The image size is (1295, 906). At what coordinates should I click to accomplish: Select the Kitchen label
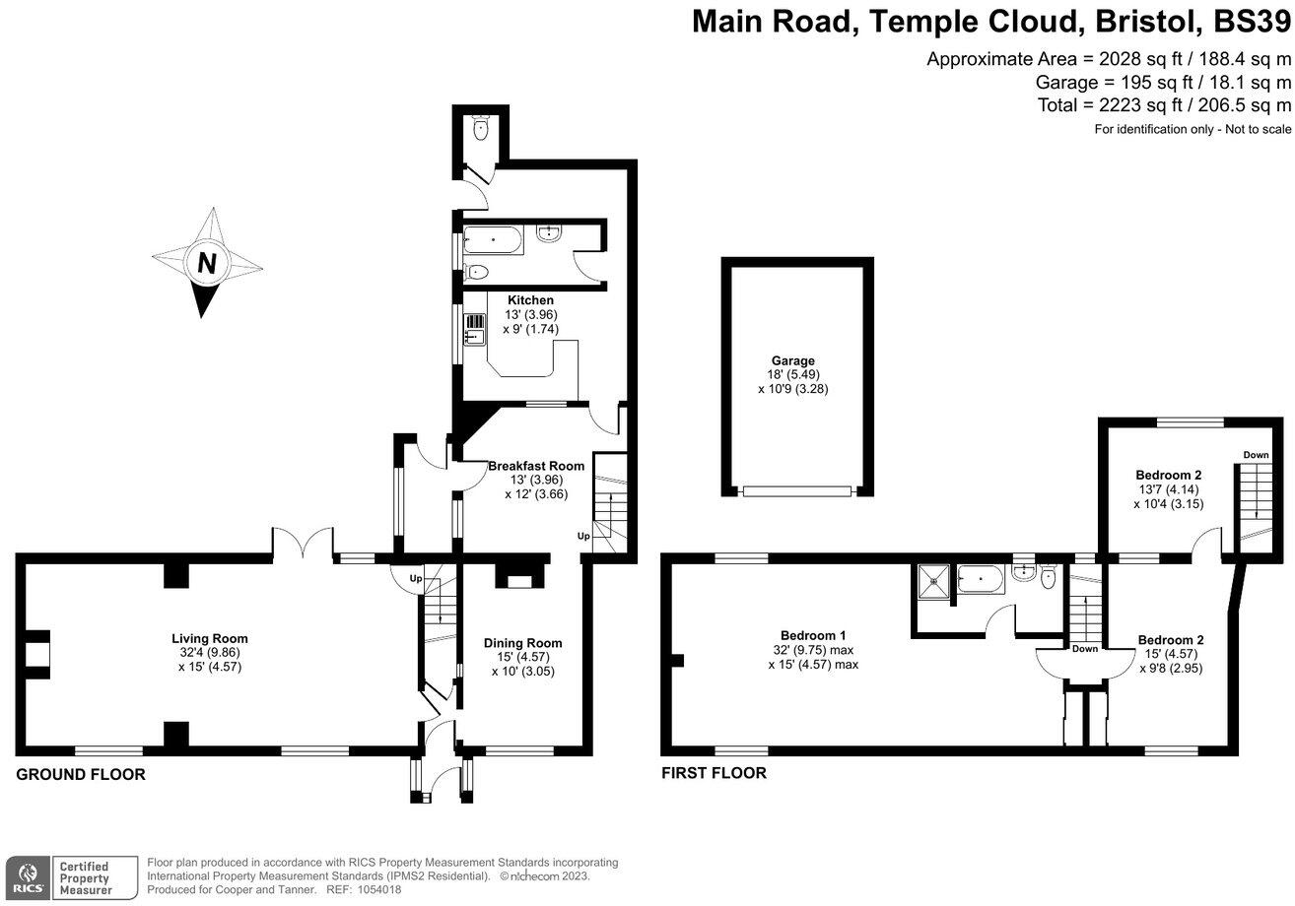(x=530, y=300)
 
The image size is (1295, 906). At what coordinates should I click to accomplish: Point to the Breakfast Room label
(x=536, y=466)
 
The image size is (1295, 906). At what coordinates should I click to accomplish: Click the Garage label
(x=792, y=361)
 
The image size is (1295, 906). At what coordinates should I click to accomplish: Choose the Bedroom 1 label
(x=812, y=635)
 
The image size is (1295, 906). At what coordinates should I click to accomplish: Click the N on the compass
(x=207, y=264)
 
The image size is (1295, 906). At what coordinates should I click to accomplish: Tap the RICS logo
(x=27, y=874)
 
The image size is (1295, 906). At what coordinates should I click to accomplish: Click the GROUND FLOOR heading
(x=81, y=775)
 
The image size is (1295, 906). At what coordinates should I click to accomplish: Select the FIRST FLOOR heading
(x=714, y=773)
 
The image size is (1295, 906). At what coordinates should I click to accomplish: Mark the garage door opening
(x=795, y=489)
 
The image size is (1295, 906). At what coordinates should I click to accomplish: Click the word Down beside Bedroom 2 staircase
(x=1256, y=455)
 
